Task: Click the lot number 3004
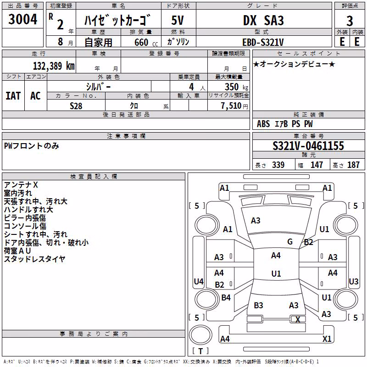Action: click(22, 19)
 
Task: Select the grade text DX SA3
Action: click(263, 20)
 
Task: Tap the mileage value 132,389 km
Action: click(54, 66)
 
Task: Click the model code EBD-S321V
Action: click(263, 42)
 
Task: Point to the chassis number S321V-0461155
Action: click(308, 146)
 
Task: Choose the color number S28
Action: click(76, 106)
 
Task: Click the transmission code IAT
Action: click(13, 96)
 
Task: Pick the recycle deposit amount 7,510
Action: click(231, 106)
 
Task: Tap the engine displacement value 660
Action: click(141, 42)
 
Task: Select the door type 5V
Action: click(178, 20)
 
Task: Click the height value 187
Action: click(353, 165)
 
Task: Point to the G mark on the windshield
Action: click(290, 241)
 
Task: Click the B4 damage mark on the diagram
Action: click(226, 297)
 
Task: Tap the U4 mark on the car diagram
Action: click(199, 281)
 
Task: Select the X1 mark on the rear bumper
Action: click(327, 339)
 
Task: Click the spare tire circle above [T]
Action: click(200, 335)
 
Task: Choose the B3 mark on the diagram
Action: click(258, 305)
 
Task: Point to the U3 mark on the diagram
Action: click(353, 281)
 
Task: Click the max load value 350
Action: click(232, 87)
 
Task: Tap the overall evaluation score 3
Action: click(350, 21)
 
